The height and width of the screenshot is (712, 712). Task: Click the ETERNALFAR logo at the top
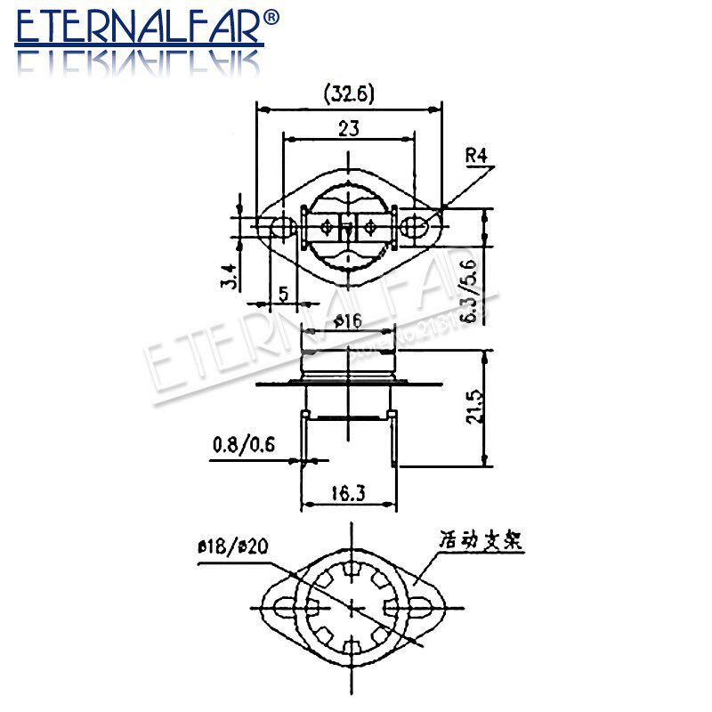pyautogui.click(x=138, y=28)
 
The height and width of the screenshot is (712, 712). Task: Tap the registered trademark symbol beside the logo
pyautogui.click(x=272, y=16)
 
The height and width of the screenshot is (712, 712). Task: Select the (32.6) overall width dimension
pyautogui.click(x=348, y=93)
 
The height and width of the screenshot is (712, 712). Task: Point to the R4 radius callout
pyautogui.click(x=478, y=159)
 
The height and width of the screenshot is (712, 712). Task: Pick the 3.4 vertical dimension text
pyautogui.click(x=230, y=276)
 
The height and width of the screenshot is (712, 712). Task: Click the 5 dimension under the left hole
pyautogui.click(x=283, y=293)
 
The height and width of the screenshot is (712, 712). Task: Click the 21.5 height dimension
pyautogui.click(x=478, y=405)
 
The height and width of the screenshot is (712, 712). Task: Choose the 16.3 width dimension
pyautogui.click(x=349, y=492)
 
